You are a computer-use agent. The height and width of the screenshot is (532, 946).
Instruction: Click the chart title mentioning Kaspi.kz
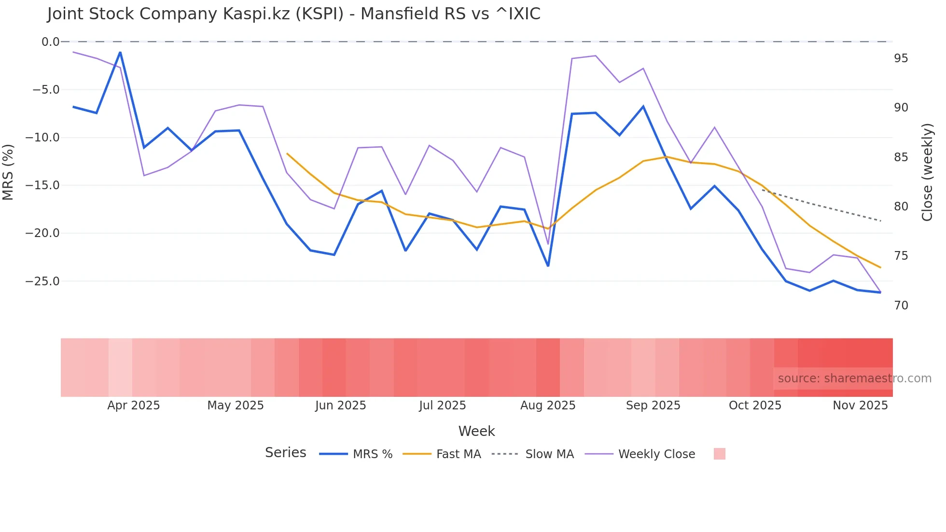tap(293, 14)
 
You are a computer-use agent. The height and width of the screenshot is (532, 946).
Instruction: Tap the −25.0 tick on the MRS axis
tap(46, 281)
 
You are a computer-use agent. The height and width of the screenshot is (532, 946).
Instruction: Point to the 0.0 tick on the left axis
tap(51, 42)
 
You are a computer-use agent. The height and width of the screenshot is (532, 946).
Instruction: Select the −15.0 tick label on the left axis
tap(46, 185)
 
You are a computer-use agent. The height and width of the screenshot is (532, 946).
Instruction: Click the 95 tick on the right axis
tap(901, 58)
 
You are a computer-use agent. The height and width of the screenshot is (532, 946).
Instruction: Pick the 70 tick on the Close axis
tap(901, 306)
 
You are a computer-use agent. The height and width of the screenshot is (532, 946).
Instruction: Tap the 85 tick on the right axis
tap(901, 157)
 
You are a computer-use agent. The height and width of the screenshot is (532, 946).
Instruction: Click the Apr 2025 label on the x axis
tap(133, 406)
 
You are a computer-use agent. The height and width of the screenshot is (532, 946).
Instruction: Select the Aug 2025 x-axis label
tap(548, 406)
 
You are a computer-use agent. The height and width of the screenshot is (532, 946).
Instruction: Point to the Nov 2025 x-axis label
tap(860, 406)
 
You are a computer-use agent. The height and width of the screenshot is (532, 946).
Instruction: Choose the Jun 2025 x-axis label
tap(340, 406)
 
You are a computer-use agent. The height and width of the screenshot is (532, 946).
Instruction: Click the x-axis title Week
tap(476, 431)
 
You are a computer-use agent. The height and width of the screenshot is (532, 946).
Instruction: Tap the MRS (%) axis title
tap(8, 172)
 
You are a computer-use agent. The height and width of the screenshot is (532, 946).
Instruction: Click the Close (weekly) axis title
tap(927, 172)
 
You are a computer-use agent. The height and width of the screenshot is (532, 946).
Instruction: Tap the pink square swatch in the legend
tap(719, 454)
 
